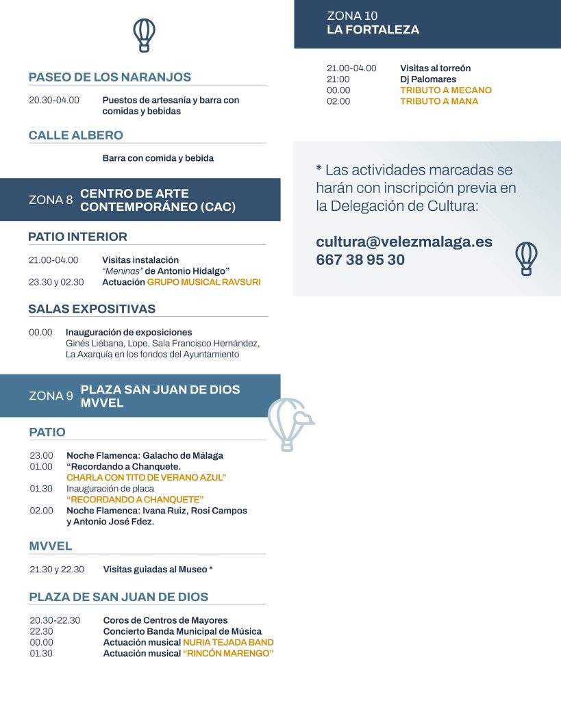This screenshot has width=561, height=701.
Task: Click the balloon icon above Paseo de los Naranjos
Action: click(x=144, y=34)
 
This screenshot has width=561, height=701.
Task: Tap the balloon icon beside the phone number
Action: click(x=526, y=258)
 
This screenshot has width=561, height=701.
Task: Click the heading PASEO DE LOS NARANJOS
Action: click(x=110, y=77)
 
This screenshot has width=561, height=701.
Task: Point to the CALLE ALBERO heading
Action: click(x=75, y=135)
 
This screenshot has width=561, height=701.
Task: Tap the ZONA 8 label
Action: click(x=51, y=200)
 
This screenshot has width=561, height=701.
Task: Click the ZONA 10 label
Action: click(x=352, y=16)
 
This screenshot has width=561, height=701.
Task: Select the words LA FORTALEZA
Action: click(x=373, y=29)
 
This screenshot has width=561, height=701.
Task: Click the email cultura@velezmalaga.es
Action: click(x=404, y=242)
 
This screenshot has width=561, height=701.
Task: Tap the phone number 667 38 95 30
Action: click(x=360, y=260)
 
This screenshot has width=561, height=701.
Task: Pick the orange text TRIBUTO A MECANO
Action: click(x=446, y=90)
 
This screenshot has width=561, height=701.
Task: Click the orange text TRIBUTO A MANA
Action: click(x=439, y=101)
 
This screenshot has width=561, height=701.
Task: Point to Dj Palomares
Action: click(x=428, y=79)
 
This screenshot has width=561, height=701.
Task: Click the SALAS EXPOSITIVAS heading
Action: click(x=92, y=309)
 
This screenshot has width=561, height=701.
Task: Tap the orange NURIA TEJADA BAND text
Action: click(x=228, y=642)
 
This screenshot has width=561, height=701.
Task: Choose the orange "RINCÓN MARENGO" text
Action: click(x=228, y=653)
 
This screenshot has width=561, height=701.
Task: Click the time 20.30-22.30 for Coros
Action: click(x=55, y=620)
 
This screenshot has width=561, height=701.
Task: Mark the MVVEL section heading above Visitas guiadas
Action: click(x=51, y=546)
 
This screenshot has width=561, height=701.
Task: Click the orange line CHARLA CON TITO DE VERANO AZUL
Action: click(x=146, y=477)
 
